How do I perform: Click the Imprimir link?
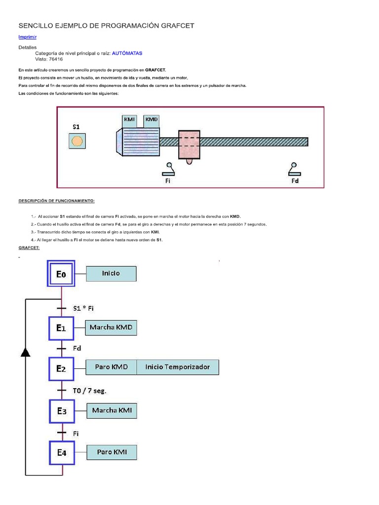27,37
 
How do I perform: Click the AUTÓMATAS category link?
127,53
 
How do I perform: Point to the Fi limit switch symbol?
169,170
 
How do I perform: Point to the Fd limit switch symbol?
295,170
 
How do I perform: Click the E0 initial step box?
61,274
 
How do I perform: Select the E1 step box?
61,328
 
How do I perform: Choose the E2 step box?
61,368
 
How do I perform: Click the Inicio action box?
111,273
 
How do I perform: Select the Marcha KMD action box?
111,327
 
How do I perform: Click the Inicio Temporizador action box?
177,367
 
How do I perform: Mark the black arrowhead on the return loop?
26,351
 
